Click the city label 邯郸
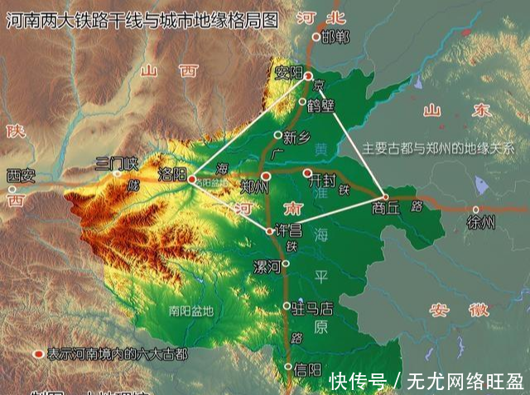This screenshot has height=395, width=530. [335, 37]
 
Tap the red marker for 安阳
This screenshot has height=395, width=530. [308, 76]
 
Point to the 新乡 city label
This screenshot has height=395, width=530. [296, 137]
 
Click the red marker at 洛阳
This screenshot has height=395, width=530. [192, 178]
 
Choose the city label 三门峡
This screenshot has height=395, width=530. [117, 162]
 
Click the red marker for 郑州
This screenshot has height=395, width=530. [265, 176]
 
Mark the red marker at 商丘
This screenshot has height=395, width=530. [385, 196]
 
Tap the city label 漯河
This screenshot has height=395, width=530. [267, 267]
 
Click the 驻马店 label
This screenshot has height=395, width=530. [313, 308]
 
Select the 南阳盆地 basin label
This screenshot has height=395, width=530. [190, 311]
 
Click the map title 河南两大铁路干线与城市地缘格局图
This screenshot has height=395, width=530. [142, 19]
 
